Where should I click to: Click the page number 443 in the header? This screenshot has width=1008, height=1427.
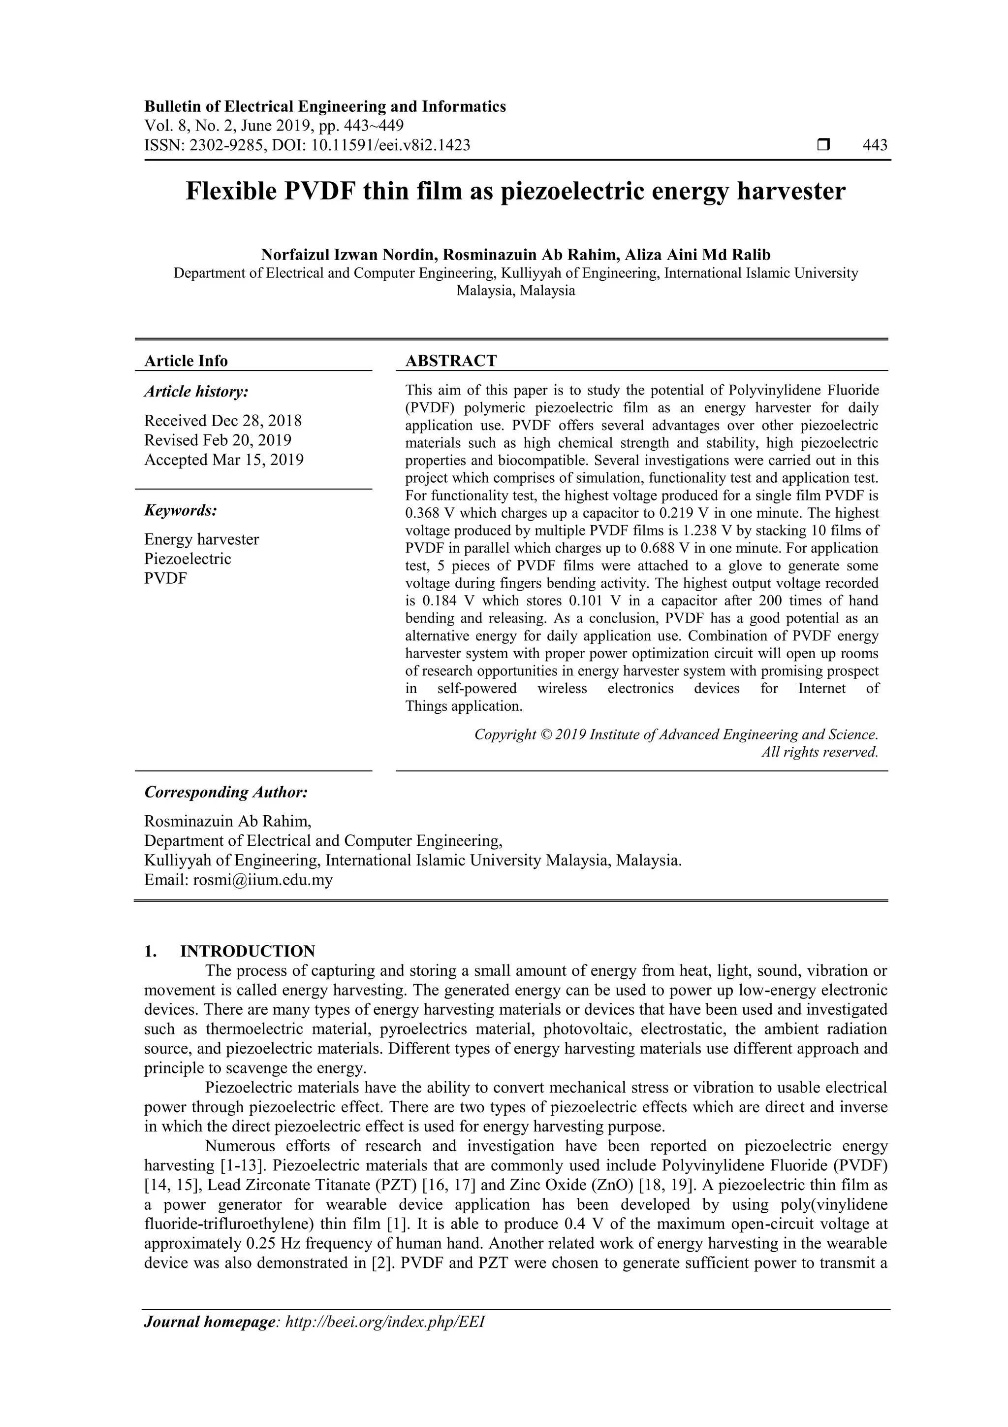[x=875, y=145]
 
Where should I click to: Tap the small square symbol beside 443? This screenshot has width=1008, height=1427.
[x=823, y=145]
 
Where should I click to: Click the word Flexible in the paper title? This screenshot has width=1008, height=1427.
[x=231, y=192]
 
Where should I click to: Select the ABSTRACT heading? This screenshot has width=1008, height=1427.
[x=451, y=361]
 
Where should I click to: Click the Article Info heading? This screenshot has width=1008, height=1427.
[x=186, y=361]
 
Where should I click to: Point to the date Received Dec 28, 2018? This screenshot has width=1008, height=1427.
[x=223, y=421]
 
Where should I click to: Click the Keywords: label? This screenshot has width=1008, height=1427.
[x=181, y=510]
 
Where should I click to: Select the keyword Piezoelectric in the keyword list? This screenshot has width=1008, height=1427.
[x=188, y=559]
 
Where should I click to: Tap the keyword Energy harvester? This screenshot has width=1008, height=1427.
[x=201, y=539]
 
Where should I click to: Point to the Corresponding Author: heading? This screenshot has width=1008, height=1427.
[x=226, y=793]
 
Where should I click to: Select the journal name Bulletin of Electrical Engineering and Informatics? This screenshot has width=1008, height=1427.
[x=325, y=106]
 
